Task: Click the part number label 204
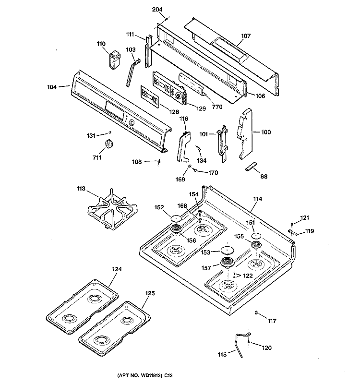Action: point(157,10)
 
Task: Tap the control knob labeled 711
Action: point(109,144)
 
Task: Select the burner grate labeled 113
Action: point(112,210)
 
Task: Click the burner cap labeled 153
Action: point(227,250)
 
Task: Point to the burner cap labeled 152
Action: point(176,218)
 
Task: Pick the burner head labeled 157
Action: point(228,263)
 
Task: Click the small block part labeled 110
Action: point(114,60)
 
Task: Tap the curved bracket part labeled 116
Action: point(184,147)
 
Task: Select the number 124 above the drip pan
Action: point(117,269)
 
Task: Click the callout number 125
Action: point(150,293)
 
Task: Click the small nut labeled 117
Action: point(256,313)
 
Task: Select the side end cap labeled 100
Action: point(245,134)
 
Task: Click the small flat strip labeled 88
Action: point(251,166)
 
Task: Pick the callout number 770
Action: point(217,107)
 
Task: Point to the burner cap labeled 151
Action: point(256,236)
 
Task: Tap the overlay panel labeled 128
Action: point(150,96)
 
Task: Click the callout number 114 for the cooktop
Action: point(257,199)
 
